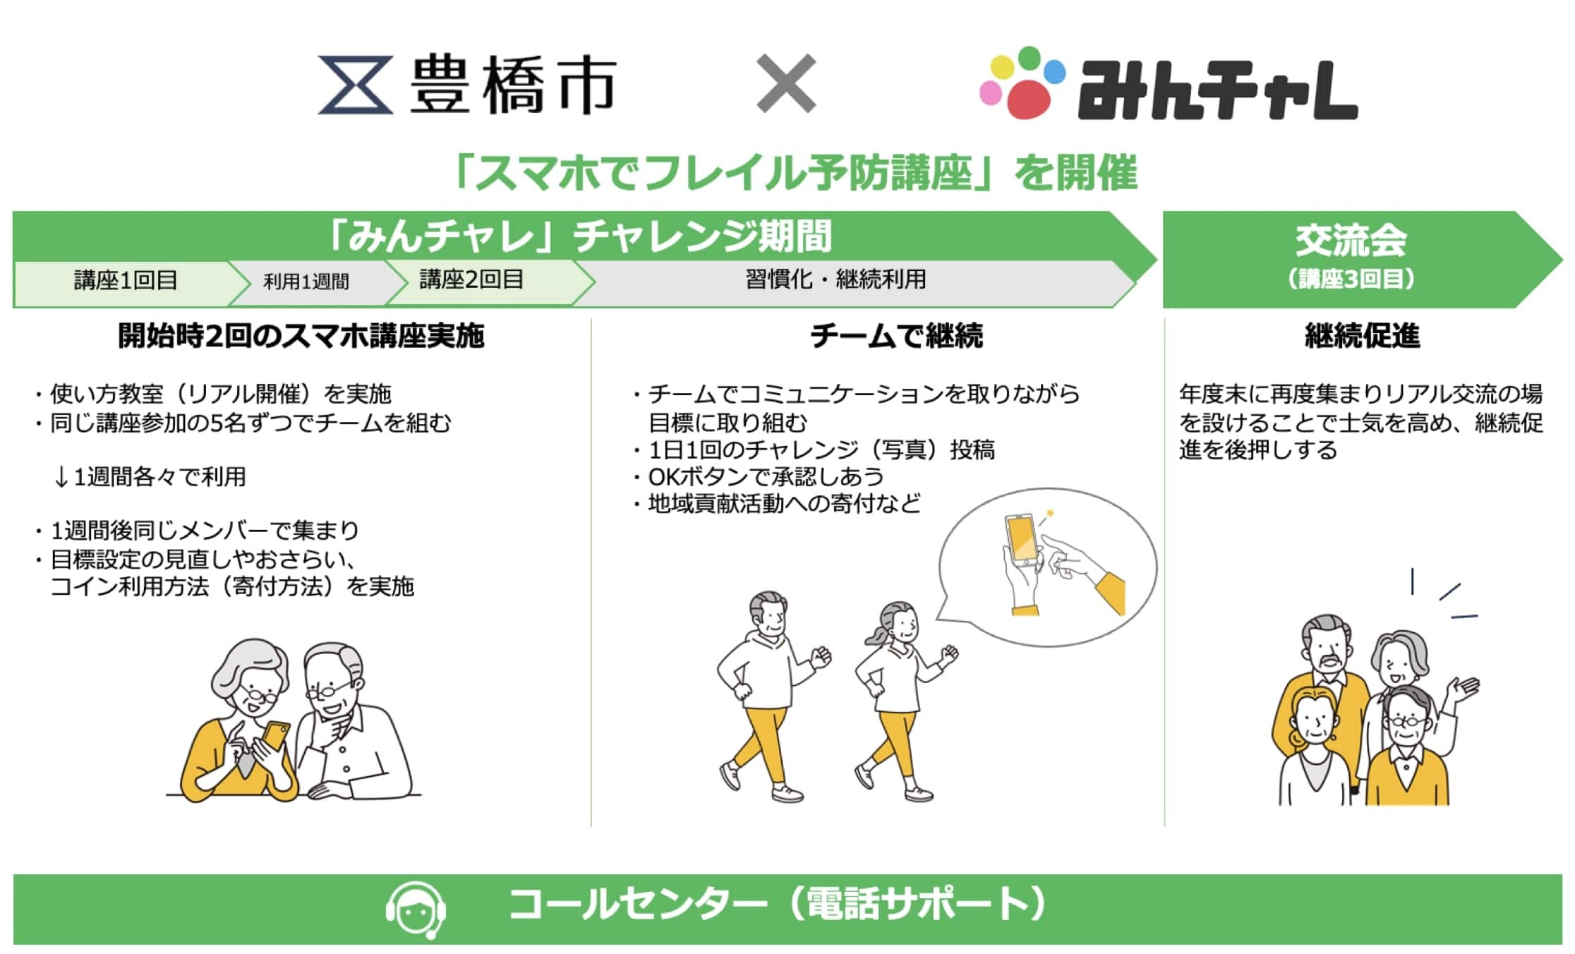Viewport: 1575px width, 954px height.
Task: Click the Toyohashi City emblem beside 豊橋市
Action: (x=355, y=85)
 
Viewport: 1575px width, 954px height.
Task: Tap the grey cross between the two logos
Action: (x=786, y=83)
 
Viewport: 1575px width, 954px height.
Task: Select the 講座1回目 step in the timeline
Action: (x=126, y=281)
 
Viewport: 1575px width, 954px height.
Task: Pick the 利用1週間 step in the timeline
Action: (x=306, y=282)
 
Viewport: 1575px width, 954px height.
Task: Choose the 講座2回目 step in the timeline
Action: (x=471, y=279)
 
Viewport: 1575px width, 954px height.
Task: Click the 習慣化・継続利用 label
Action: (x=835, y=279)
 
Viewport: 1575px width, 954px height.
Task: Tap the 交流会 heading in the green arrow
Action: (x=1351, y=241)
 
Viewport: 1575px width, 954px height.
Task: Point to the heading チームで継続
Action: (x=896, y=336)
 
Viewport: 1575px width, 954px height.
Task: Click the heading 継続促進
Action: (x=1362, y=336)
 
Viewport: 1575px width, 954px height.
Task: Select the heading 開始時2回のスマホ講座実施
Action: (x=301, y=336)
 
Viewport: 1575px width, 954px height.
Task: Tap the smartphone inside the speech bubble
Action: (x=1022, y=540)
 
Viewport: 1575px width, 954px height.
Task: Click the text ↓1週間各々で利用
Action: (x=150, y=477)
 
